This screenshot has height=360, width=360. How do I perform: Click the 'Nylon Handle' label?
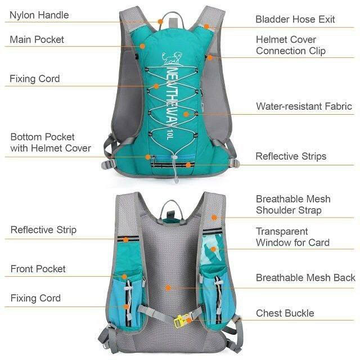point(39,15)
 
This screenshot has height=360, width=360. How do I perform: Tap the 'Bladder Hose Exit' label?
point(295,19)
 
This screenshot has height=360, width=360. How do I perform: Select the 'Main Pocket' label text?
point(37,39)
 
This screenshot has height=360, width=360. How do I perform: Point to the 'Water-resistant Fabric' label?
point(304,106)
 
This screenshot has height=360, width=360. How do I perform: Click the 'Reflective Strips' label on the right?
point(291,156)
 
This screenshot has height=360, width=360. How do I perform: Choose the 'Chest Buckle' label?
point(285,313)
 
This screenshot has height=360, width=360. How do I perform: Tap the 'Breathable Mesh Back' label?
point(305,277)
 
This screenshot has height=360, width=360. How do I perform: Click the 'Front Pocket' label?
point(38,269)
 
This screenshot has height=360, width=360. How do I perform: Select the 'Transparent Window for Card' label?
point(292,237)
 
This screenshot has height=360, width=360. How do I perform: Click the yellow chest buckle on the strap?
point(180,321)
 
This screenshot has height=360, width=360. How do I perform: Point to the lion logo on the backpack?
point(172,58)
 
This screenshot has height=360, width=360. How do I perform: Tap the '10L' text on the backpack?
point(169,134)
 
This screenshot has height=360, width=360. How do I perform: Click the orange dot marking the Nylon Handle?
point(160,22)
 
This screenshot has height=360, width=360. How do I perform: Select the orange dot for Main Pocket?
point(142,46)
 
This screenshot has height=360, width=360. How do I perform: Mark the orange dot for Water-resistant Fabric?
point(186,114)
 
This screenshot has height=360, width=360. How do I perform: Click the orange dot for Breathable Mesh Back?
point(168,288)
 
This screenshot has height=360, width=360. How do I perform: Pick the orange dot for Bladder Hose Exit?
point(207,26)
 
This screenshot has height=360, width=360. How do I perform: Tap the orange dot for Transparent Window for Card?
point(213,249)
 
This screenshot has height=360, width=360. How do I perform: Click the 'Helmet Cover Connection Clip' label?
point(291,45)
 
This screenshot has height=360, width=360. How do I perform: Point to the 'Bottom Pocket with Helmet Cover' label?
point(51,142)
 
